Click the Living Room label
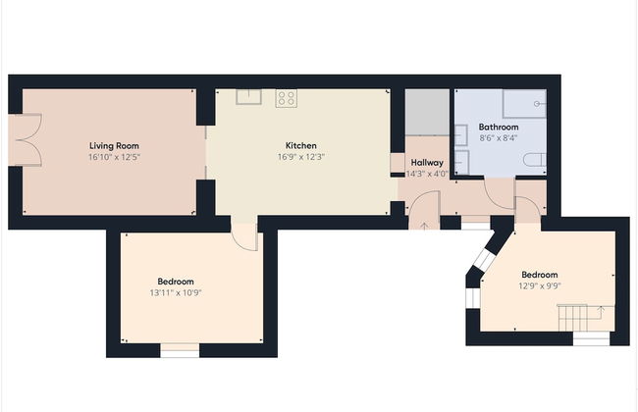click(x=114, y=145)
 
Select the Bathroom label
click(x=498, y=128)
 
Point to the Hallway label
click(x=427, y=163)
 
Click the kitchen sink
click(x=248, y=96)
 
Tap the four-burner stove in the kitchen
click(x=286, y=97)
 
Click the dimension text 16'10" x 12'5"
click(x=114, y=157)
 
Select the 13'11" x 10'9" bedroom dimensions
click(x=176, y=292)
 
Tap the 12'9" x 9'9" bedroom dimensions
click(x=539, y=286)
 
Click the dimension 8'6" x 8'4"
click(x=498, y=138)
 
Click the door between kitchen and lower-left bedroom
click(x=244, y=233)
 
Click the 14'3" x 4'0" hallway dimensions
click(x=427, y=174)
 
